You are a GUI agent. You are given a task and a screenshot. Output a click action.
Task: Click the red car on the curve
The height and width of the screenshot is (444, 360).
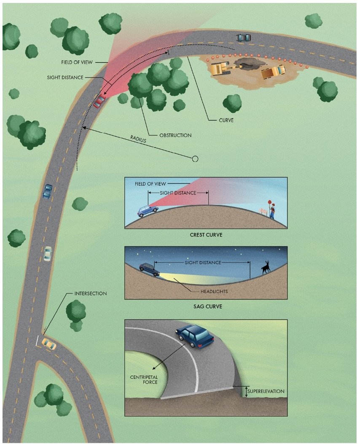[100, 102]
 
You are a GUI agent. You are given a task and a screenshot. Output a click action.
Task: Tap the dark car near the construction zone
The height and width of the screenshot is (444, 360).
[243, 38]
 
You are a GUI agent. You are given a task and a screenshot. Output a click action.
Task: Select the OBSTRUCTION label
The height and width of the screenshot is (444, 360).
[175, 135]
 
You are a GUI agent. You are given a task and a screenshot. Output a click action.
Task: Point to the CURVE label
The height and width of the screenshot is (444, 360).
[226, 120]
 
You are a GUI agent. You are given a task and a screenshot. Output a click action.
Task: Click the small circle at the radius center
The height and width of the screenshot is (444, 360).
[195, 159]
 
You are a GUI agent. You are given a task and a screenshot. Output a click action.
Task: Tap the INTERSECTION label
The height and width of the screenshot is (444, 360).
[91, 293]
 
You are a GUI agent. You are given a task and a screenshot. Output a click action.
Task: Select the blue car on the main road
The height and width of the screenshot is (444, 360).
[48, 191]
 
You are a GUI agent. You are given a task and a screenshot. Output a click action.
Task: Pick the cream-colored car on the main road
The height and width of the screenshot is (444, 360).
[48, 253]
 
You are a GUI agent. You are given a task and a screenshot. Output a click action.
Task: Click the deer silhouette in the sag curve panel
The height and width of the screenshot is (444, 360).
[265, 268]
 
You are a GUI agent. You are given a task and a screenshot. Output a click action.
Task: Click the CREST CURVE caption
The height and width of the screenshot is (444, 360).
[206, 235]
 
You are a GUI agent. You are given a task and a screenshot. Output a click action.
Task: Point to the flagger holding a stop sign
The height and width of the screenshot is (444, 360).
[272, 210]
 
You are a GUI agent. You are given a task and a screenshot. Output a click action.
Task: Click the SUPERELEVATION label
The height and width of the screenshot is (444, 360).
[266, 391]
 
